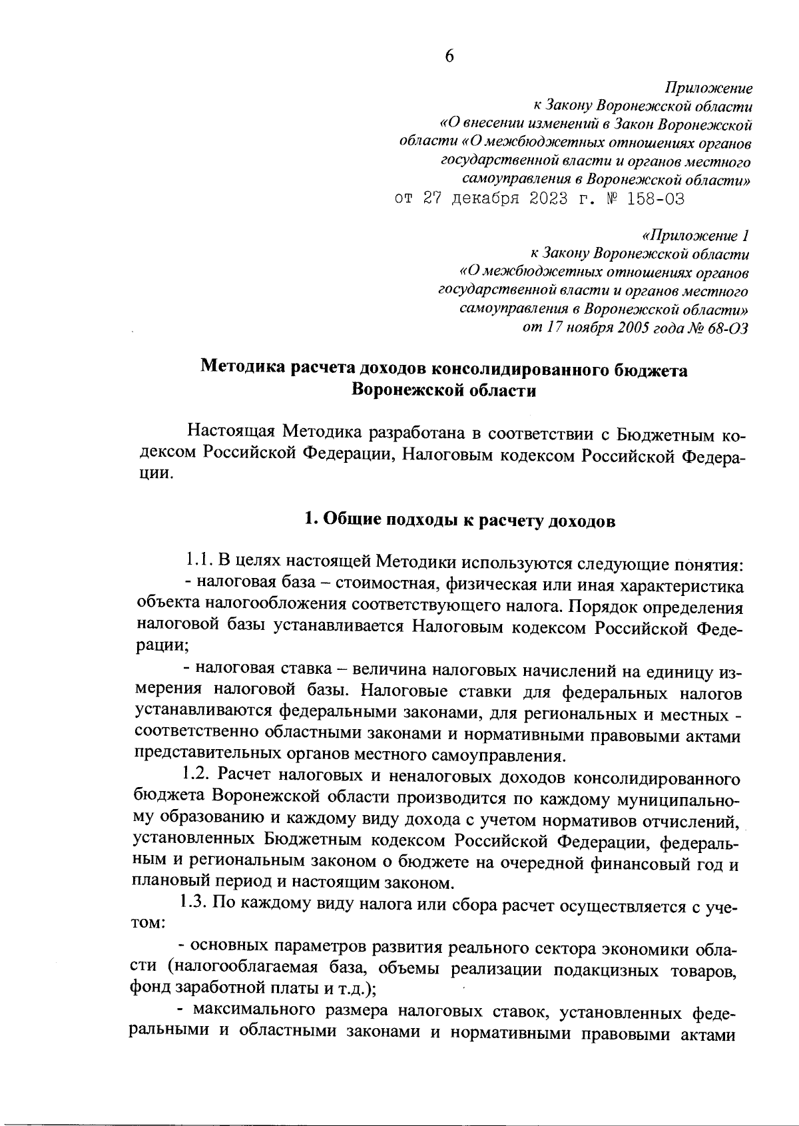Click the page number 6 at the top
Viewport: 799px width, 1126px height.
tap(449, 57)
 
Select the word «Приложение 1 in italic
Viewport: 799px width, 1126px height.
tap(696, 236)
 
